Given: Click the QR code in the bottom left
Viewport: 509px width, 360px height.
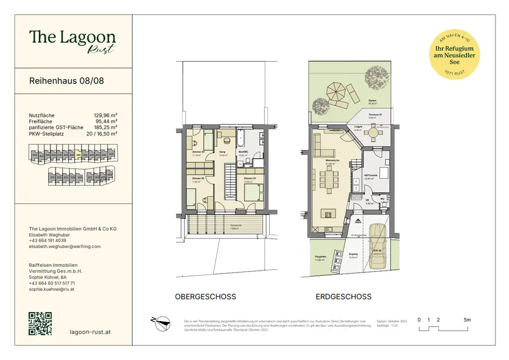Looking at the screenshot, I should coord(40,323).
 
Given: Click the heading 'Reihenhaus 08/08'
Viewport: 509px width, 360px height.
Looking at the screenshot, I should coord(67,81).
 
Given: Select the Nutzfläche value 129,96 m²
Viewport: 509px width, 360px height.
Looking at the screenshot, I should coord(105,115).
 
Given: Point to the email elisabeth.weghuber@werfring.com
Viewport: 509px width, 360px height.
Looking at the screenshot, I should coord(65,246).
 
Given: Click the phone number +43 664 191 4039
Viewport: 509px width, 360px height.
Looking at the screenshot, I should coord(48,240).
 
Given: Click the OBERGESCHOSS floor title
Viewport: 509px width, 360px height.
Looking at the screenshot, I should coord(205,297).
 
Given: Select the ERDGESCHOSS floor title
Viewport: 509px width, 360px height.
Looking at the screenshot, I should coord(343,297).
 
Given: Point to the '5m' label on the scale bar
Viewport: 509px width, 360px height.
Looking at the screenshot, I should coord(467,320).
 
